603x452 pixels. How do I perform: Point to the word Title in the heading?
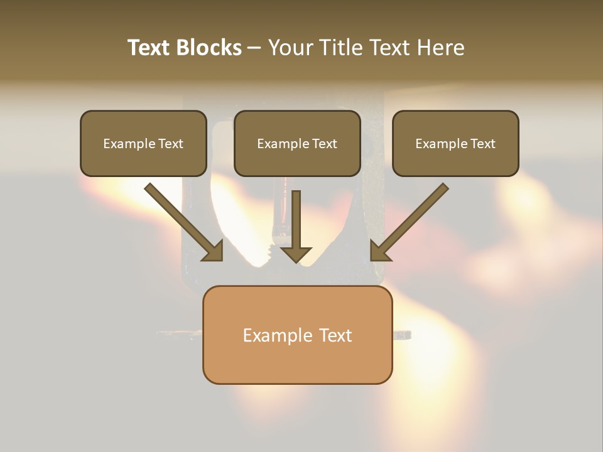342,48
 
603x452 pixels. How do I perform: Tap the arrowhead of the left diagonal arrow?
214,251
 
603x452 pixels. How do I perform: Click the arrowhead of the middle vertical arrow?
296,254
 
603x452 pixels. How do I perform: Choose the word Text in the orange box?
335,335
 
